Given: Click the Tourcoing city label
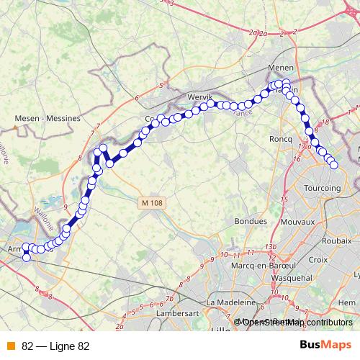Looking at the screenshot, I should (323, 188).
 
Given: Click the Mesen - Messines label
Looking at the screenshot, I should (48, 117).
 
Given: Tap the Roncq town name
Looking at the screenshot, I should (279, 139).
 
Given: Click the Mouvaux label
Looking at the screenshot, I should (297, 222).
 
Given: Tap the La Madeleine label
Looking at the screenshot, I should (230, 302).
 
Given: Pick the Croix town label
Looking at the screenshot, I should (318, 258).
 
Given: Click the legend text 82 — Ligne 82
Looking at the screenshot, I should (55, 346).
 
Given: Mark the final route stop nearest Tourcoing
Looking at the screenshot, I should (334, 165).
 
